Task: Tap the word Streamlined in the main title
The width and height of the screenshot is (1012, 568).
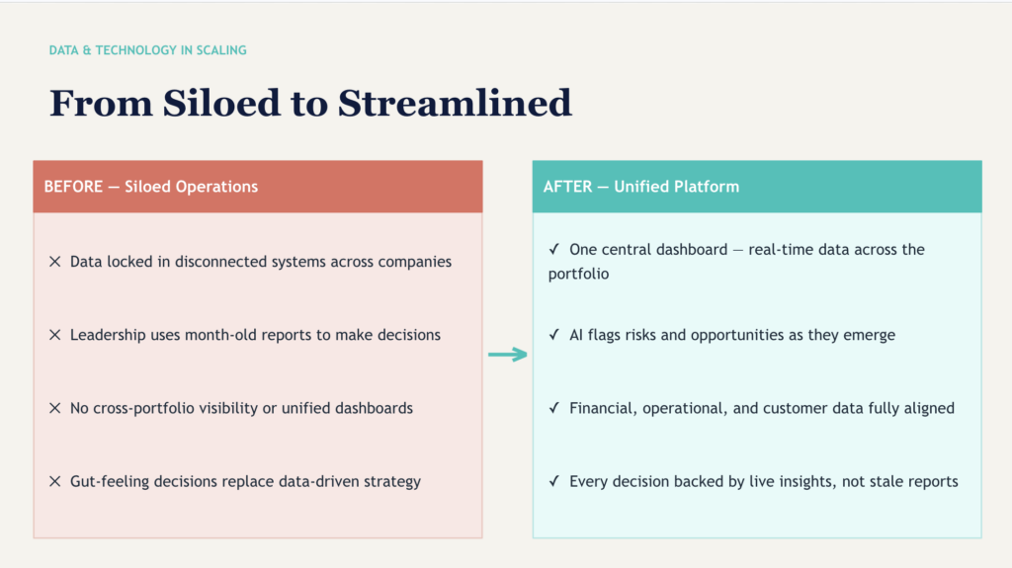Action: point(455,104)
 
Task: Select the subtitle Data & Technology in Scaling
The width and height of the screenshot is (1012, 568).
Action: point(148,49)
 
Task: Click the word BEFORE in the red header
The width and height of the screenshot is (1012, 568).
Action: point(72,187)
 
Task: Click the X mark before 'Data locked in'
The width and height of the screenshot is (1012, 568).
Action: point(55,262)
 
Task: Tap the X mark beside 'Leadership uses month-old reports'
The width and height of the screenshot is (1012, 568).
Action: point(55,335)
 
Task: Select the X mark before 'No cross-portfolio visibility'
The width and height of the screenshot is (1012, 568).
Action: point(55,408)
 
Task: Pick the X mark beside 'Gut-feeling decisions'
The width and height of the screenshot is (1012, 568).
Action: point(55,481)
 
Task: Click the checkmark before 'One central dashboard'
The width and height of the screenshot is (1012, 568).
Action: point(554,250)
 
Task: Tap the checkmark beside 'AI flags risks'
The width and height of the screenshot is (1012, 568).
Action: point(554,335)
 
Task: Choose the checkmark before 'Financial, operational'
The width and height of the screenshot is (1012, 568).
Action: point(554,408)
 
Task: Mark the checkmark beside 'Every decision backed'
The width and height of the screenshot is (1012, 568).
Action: point(554,481)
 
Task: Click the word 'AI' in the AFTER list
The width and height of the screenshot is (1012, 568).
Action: point(576,335)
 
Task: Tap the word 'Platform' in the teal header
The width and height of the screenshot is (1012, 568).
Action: point(708,187)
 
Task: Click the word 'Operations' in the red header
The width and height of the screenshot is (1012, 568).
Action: point(217,187)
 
